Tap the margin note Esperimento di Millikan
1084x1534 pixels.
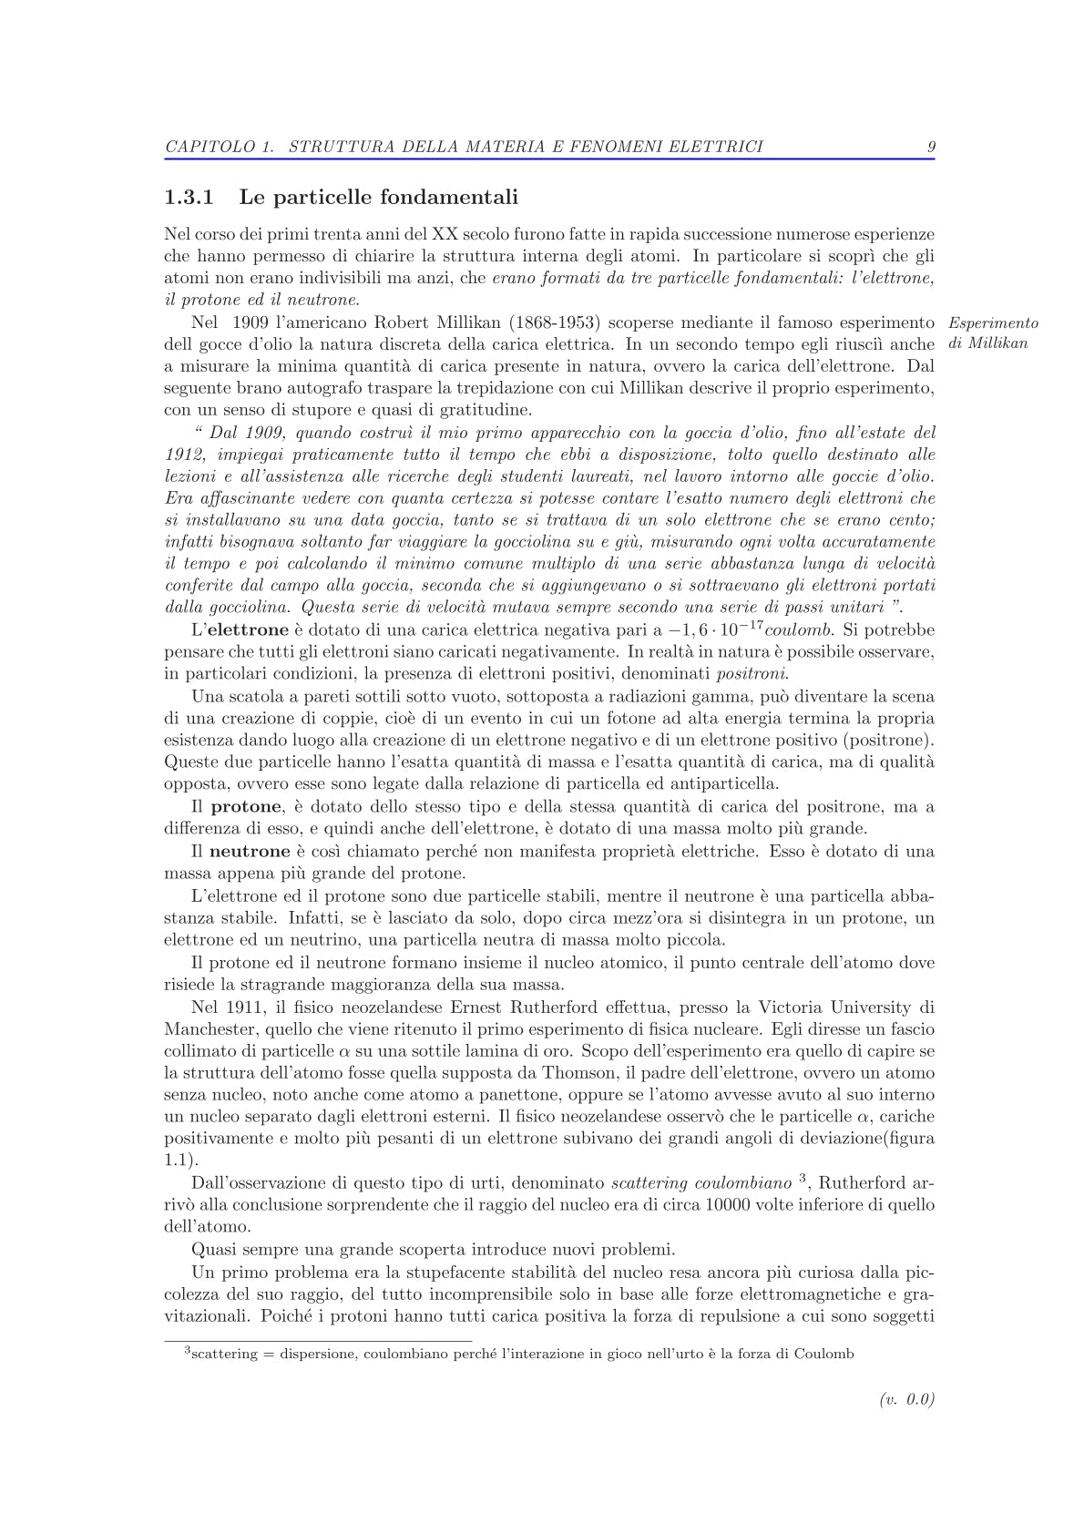[993, 333]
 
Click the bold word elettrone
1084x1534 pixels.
[250, 630]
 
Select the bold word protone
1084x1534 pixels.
[246, 807]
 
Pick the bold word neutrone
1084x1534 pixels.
[250, 852]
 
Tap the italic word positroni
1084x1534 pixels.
[752, 674]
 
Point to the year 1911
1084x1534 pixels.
[244, 1007]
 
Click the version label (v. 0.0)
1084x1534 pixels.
[907, 1400]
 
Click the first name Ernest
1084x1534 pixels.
[479, 1007]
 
